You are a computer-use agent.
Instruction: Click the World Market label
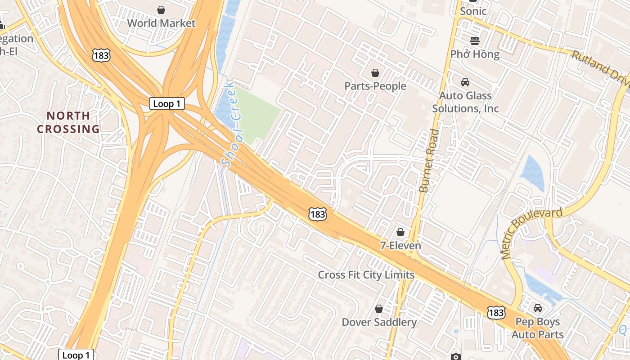[x=161, y=23]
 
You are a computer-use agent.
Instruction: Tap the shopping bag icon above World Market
[x=161, y=10]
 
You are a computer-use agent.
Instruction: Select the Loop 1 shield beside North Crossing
[x=167, y=103]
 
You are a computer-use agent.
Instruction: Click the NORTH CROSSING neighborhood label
[x=68, y=122]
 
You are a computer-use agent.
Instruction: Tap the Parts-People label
[x=375, y=86]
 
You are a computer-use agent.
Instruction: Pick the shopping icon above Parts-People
[x=375, y=73]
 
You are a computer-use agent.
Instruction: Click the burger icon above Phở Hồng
[x=475, y=41]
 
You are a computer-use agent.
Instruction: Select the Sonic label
[x=473, y=11]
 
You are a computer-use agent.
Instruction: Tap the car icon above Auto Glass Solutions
[x=465, y=82]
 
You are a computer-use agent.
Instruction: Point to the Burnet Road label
[x=428, y=161]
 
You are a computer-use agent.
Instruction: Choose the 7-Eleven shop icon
[x=400, y=232]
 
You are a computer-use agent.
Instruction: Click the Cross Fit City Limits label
[x=366, y=274]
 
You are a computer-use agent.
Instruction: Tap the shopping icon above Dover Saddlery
[x=379, y=309]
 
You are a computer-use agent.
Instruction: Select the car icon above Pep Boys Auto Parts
[x=537, y=308]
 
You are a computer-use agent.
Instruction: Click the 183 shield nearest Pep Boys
[x=496, y=312]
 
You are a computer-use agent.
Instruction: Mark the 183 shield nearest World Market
[x=100, y=55]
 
